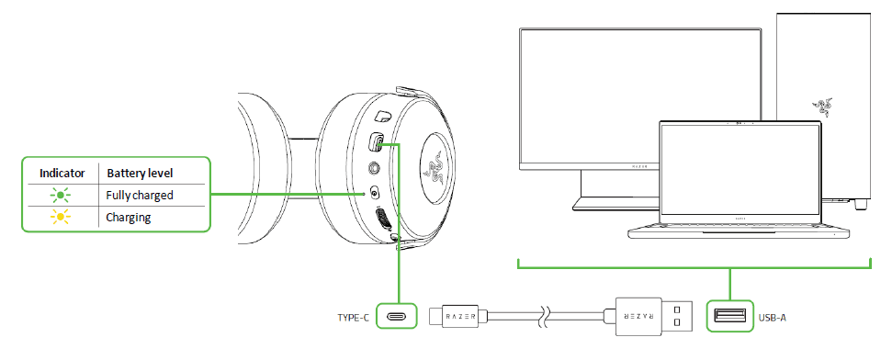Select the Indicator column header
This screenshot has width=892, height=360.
pos(62,173)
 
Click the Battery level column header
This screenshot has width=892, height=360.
pos(141,173)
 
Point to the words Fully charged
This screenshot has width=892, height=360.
pos(141,195)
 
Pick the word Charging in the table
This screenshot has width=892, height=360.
pos(129,218)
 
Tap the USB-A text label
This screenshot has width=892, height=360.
pos(773,318)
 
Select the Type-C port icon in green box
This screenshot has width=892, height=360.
pos(399,318)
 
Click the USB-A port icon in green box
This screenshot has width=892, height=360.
pos(729,318)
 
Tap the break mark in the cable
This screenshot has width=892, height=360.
pos(545,318)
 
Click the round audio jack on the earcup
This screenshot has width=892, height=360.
pos(375,168)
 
